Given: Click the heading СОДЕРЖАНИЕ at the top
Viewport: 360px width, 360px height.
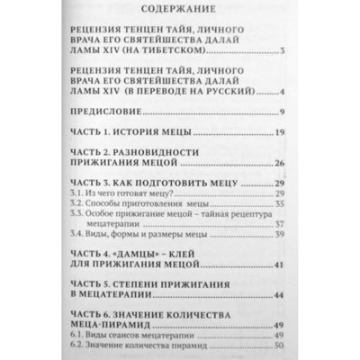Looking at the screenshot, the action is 179,13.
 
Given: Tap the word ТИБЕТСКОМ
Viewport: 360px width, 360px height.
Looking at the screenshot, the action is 216,64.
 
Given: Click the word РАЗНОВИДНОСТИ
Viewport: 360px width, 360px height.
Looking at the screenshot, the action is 186,152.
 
